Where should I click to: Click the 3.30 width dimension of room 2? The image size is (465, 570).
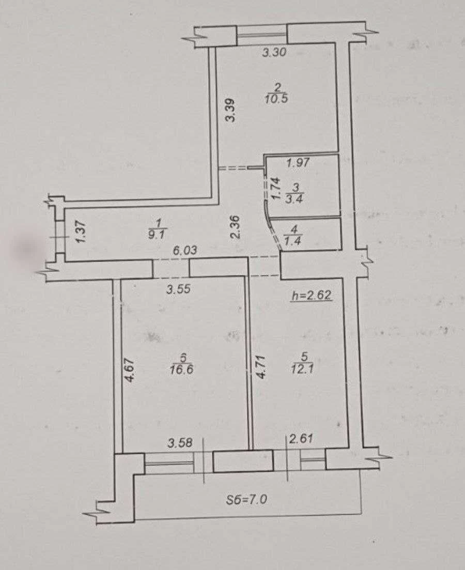pyautogui.click(x=274, y=53)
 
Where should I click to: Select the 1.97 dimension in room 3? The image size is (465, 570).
pyautogui.click(x=298, y=162)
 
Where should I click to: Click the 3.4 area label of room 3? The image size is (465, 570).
pyautogui.click(x=295, y=199)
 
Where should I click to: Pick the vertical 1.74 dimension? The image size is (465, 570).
pyautogui.click(x=276, y=188)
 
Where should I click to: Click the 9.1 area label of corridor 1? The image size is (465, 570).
pyautogui.click(x=156, y=235)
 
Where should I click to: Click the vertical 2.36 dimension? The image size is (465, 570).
pyautogui.click(x=235, y=227)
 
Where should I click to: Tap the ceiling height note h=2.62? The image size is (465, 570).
pyautogui.click(x=312, y=296)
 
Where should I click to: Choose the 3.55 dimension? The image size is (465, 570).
pyautogui.click(x=179, y=289)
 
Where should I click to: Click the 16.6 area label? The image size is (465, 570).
pyautogui.click(x=181, y=369)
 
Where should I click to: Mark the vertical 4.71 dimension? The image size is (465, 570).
pyautogui.click(x=262, y=367)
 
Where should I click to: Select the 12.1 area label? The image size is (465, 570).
pyautogui.click(x=302, y=369)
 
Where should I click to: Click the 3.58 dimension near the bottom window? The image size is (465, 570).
pyautogui.click(x=180, y=443)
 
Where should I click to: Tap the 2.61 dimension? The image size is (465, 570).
pyautogui.click(x=301, y=439)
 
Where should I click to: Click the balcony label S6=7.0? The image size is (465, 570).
pyautogui.click(x=246, y=499)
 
